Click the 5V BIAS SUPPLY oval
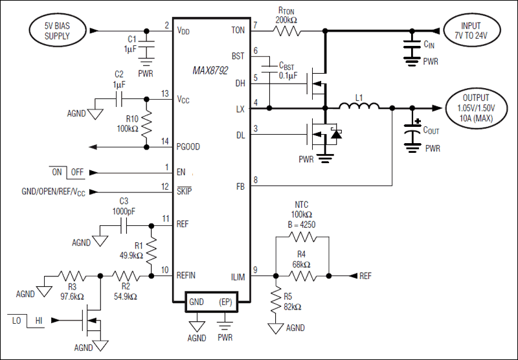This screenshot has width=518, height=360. click(57, 30)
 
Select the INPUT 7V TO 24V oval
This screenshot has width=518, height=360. click(476, 30)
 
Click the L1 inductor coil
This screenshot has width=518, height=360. click(359, 108)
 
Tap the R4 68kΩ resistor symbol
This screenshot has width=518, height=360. click(302, 276)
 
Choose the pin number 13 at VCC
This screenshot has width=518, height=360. click(166, 93)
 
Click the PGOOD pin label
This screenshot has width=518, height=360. click(188, 147)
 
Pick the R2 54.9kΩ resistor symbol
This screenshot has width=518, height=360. click(125, 275)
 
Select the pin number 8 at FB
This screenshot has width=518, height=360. click(256, 181)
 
